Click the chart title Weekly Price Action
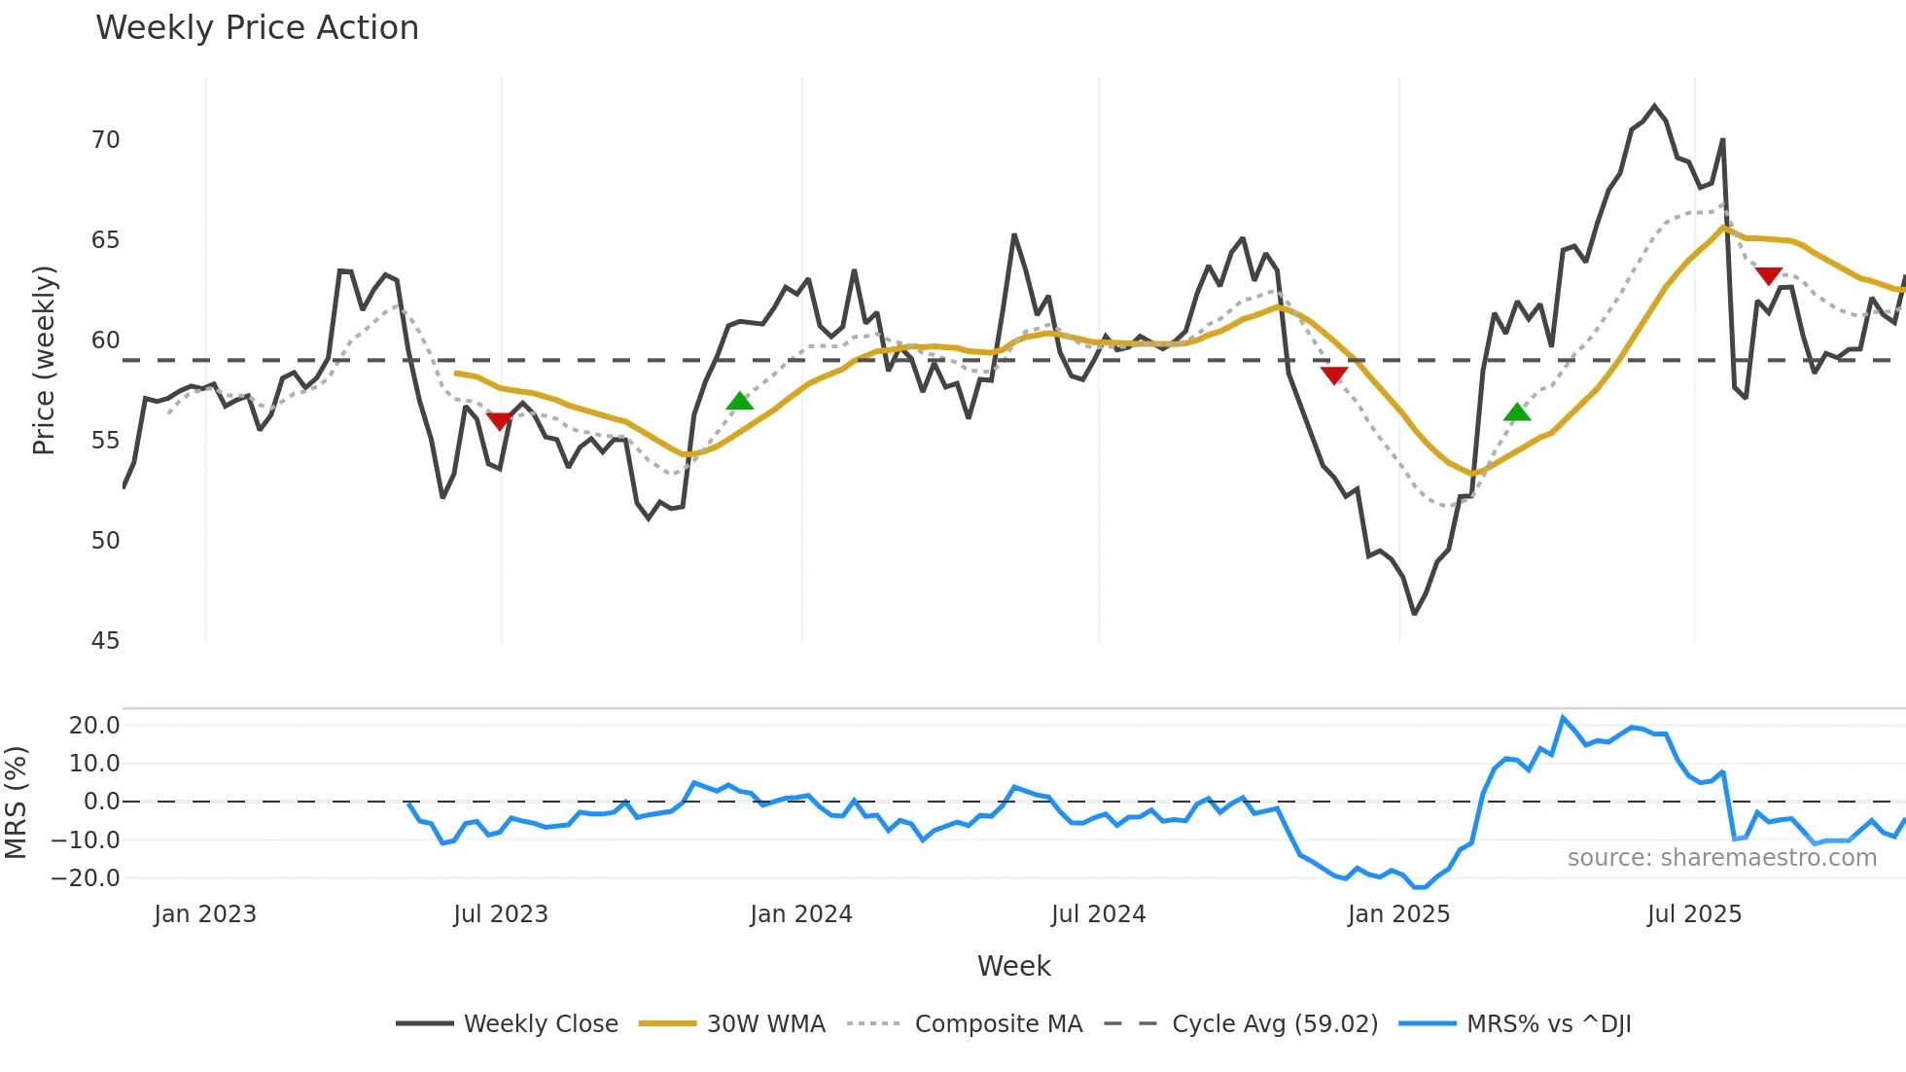[257, 28]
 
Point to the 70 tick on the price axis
[106, 140]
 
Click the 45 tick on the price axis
[106, 641]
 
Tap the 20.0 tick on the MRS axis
[94, 726]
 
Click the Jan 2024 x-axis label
[801, 914]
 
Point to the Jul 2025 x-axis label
[1694, 914]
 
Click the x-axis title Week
[1013, 966]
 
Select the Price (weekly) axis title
[44, 360]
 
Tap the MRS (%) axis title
[16, 803]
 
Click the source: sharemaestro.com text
[1721, 858]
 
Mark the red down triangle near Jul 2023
[499, 420]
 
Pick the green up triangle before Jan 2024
[740, 401]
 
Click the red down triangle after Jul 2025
[1769, 276]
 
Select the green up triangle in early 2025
[1517, 412]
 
